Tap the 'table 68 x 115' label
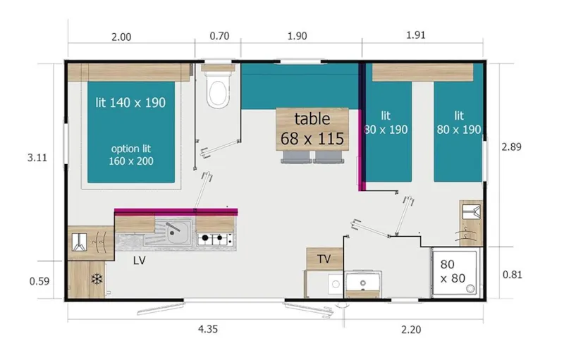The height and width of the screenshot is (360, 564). tap(312, 128)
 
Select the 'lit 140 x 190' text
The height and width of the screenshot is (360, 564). tap(130, 102)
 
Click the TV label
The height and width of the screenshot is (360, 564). tap(324, 259)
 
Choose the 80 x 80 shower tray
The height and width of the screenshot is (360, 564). tap(458, 273)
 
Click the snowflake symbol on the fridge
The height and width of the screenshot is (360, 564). tap(95, 280)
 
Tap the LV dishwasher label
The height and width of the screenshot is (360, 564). tap(139, 259)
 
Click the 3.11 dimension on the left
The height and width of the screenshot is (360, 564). tap(37, 158)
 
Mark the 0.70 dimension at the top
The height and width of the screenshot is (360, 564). tap(219, 37)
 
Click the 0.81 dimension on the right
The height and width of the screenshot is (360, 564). tap(512, 274)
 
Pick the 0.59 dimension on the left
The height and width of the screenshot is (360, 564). tap(39, 281)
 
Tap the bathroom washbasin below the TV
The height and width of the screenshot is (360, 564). tap(363, 283)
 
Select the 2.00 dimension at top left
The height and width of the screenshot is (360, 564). tap(121, 37)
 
